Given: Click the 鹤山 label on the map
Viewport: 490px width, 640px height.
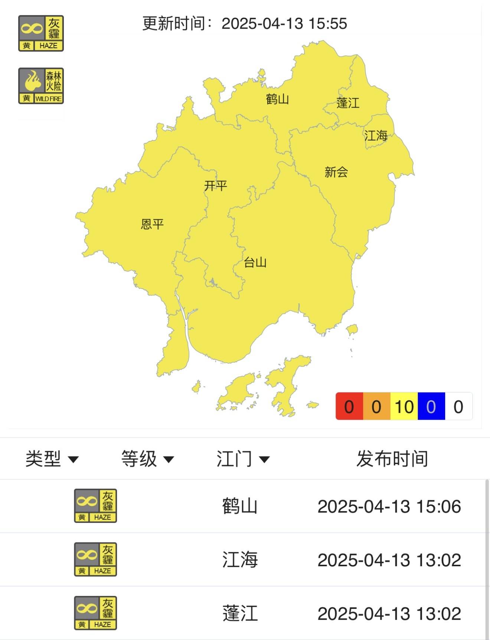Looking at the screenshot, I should point(277,99).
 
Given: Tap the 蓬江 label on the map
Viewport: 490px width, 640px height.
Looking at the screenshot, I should point(348,103).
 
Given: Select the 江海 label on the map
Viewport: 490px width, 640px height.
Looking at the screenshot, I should point(376,136).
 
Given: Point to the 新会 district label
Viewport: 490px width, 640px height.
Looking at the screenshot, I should point(336,172).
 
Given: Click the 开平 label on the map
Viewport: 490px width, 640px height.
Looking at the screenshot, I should point(215,185).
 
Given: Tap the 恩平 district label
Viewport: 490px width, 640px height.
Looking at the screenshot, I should point(152,224).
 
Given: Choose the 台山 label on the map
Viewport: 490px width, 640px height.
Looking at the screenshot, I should point(255,263).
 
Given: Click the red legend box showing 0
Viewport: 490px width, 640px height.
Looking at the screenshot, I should point(349,407).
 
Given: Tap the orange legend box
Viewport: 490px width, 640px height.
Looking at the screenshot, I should point(376,407).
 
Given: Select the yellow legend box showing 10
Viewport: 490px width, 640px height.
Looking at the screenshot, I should point(404,407).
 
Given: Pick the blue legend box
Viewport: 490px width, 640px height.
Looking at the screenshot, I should point(431,407).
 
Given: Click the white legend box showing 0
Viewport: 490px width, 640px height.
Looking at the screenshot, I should point(458,407).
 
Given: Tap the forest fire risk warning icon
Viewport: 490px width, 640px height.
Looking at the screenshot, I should point(41,86).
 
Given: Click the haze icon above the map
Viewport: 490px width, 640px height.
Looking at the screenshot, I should point(41,33).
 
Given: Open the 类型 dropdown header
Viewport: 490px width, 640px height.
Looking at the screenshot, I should point(52,459).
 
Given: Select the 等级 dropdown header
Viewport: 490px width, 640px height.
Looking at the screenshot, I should point(147,459).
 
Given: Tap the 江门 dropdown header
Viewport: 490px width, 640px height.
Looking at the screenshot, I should point(243,459).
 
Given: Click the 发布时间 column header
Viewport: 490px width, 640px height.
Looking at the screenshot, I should point(392,459).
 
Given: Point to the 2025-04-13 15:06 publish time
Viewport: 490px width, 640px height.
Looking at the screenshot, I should point(389,507).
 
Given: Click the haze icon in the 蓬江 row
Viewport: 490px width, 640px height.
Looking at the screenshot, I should point(95,613).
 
